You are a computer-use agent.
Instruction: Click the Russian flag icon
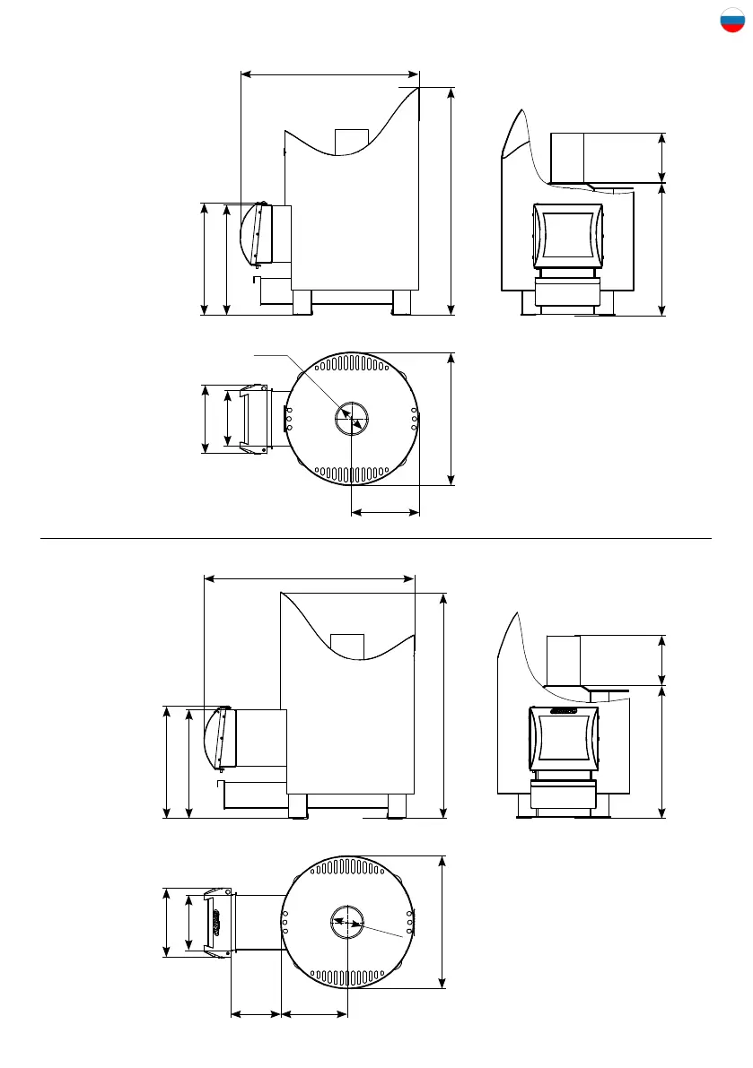click(x=732, y=21)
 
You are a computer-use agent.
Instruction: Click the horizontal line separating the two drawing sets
click(x=377, y=539)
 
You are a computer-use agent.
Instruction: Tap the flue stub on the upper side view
click(x=351, y=141)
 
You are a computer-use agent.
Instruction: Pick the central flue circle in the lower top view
click(x=346, y=923)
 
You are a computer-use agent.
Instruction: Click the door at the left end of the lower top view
click(x=216, y=923)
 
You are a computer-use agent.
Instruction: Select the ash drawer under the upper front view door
click(x=566, y=291)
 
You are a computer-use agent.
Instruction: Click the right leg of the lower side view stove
click(x=397, y=805)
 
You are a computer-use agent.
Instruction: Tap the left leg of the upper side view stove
click(x=302, y=302)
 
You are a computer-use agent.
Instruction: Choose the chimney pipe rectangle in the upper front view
click(x=584, y=157)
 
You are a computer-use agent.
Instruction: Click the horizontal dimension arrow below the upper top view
click(x=385, y=513)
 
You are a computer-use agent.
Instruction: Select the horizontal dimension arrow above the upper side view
click(x=330, y=74)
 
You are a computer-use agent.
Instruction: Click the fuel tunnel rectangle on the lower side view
click(x=260, y=737)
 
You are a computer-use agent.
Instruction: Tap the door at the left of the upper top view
click(x=257, y=419)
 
